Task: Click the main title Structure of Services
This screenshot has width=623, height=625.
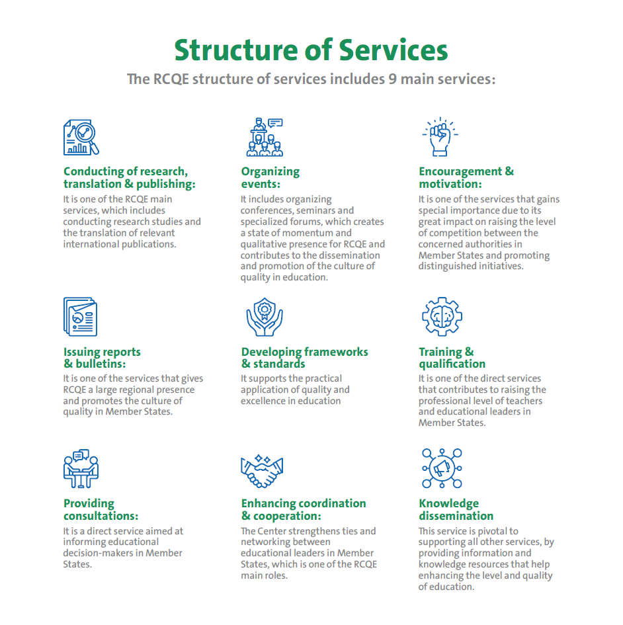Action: pyautogui.click(x=311, y=50)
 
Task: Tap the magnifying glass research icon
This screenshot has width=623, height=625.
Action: pyautogui.click(x=81, y=138)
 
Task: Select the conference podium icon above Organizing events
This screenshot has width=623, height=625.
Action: pyautogui.click(x=264, y=137)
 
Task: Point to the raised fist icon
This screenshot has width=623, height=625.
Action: pyautogui.click(x=440, y=137)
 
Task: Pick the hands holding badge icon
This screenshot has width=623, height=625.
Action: pyautogui.click(x=264, y=317)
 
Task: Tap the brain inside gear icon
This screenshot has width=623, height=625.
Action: pyautogui.click(x=442, y=317)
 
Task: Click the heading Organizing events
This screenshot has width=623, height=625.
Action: pyautogui.click(x=270, y=177)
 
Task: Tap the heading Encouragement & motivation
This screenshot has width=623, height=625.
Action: pyautogui.click(x=466, y=177)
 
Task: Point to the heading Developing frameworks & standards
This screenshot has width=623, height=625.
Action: pyautogui.click(x=304, y=358)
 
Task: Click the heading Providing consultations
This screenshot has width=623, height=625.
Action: pyautogui.click(x=101, y=509)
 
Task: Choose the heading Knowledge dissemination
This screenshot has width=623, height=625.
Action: pyautogui.click(x=456, y=509)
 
